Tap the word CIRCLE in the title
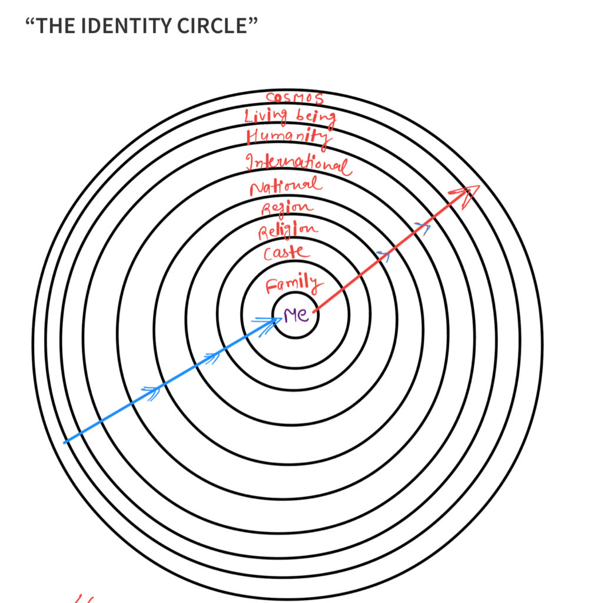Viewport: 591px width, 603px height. coord(212,26)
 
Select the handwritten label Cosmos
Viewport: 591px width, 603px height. coord(295,98)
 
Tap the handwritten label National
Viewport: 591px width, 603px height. coord(285,186)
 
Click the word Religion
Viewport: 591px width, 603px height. coord(288,230)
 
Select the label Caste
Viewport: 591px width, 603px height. coord(287,253)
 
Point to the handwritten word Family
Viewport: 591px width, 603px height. coord(294,284)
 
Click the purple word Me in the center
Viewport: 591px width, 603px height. coord(295,316)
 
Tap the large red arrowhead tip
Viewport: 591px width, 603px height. coord(480,186)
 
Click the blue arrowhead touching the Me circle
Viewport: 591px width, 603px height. coord(269,325)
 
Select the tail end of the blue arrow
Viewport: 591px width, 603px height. coord(65,443)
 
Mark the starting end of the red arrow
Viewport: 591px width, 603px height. coord(314,311)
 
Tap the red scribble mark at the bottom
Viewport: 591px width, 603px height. coord(84,599)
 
